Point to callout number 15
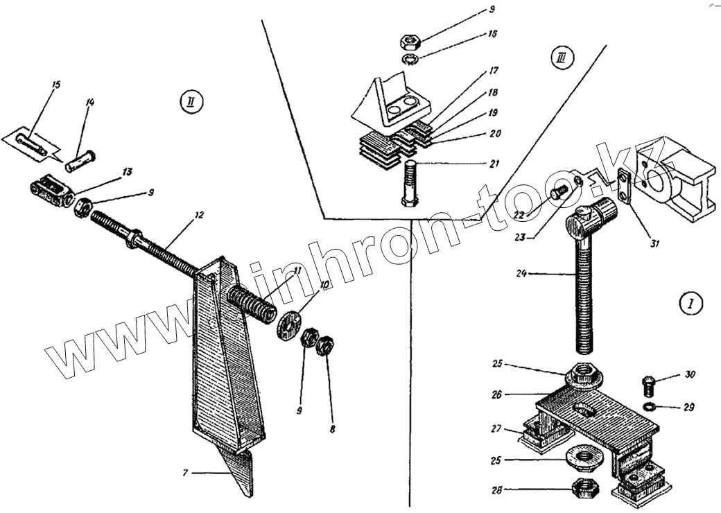(56, 85)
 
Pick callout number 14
(90, 102)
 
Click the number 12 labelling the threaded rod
(199, 215)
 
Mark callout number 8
(332, 430)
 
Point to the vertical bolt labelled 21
(409, 182)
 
